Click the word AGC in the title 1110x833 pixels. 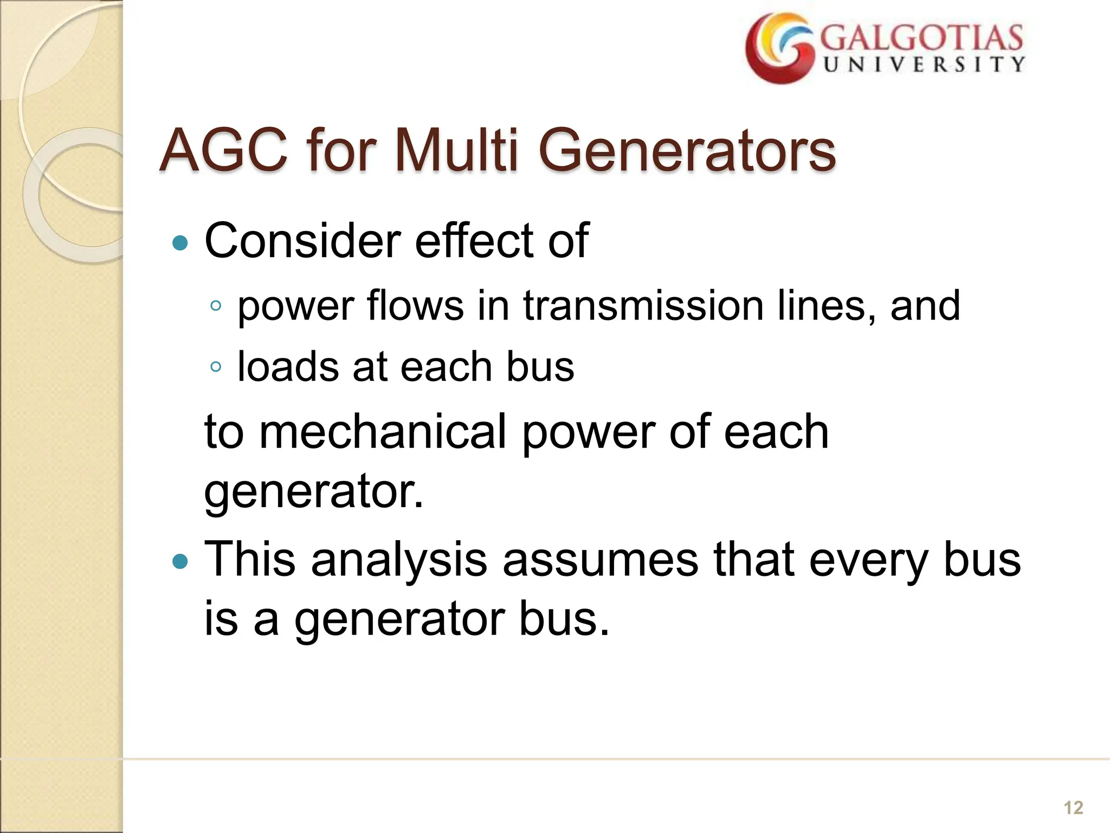click(223, 150)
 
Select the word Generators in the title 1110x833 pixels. click(687, 150)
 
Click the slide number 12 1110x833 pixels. click(1073, 808)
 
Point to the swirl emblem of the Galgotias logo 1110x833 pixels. click(779, 49)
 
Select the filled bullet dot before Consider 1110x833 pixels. click(179, 242)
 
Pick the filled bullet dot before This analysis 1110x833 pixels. click(179, 561)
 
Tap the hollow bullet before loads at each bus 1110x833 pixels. click(216, 367)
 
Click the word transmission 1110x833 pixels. click(643, 306)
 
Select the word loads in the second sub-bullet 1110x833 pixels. click(288, 367)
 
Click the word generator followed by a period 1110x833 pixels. click(313, 491)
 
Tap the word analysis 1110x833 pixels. click(399, 560)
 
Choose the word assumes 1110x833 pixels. click(600, 560)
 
